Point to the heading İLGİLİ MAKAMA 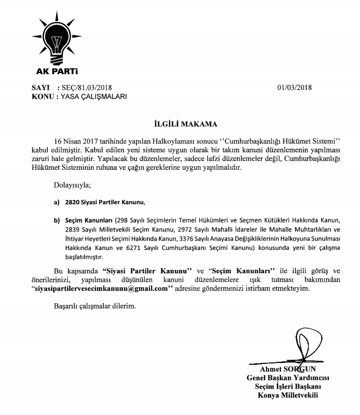(x=180, y=124)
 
